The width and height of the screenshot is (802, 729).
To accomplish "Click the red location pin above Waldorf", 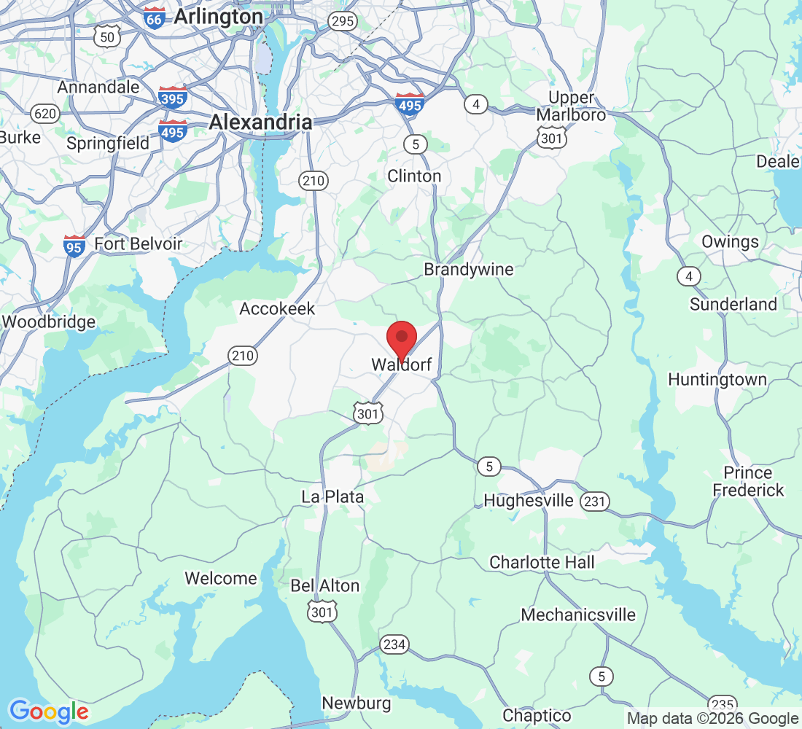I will tap(401, 340).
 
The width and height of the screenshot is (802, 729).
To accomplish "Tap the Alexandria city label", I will tap(260, 122).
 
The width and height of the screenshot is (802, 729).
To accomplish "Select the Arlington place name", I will tap(218, 17).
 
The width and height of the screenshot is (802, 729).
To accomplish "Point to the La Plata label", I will tap(332, 496).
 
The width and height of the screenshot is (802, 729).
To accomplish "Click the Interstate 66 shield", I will tap(155, 18).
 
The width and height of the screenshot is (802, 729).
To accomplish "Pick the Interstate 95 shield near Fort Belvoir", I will tap(74, 246).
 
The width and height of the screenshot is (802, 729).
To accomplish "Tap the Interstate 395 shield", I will tap(173, 96).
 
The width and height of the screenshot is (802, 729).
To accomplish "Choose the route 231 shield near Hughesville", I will tap(595, 501).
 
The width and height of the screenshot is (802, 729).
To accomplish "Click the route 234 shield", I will tap(394, 644).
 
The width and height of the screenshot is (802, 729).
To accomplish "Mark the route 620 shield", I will tap(45, 113).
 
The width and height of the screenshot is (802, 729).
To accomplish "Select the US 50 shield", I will tap(108, 36).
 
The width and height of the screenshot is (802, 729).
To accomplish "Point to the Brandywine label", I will tap(469, 270).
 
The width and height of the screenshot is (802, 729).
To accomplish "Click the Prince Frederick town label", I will tap(749, 481).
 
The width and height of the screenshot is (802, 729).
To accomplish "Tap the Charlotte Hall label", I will tap(542, 562).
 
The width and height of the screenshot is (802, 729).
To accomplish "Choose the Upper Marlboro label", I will tap(571, 106).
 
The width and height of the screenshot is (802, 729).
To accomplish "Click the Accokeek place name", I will tap(277, 309).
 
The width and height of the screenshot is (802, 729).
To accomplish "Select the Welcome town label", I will tap(220, 579).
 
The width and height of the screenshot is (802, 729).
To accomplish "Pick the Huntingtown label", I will tap(717, 380).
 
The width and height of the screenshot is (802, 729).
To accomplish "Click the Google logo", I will tap(48, 712).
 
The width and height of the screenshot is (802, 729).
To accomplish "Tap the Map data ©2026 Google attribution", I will tap(713, 719).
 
